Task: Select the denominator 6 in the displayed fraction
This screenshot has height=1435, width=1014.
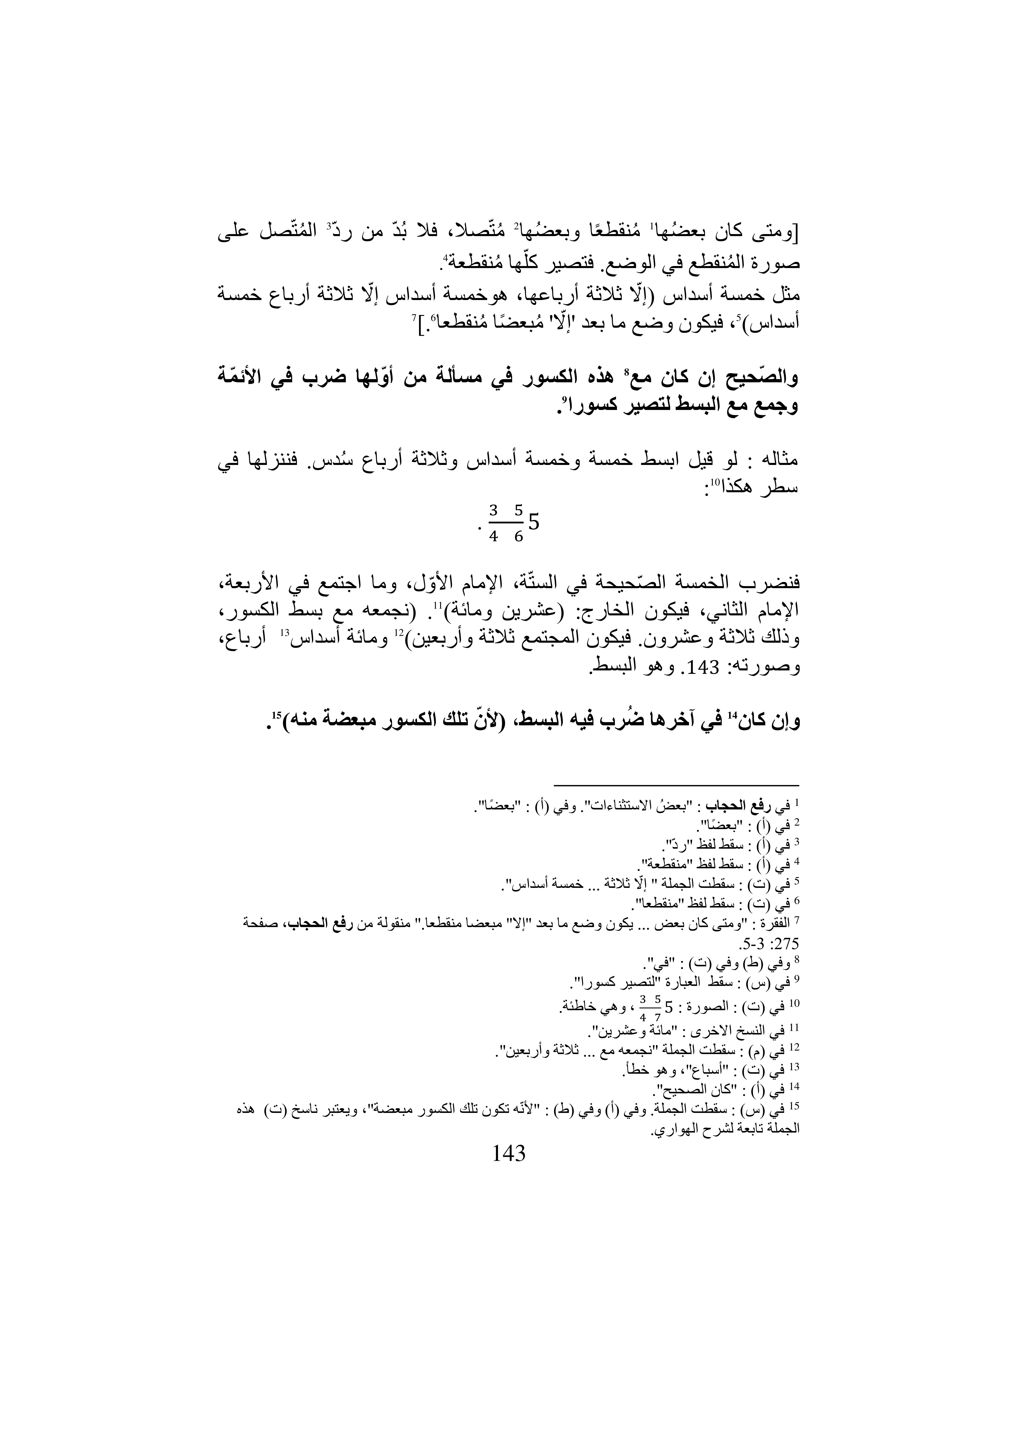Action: (518, 537)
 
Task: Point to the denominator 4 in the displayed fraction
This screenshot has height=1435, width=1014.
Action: (494, 537)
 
